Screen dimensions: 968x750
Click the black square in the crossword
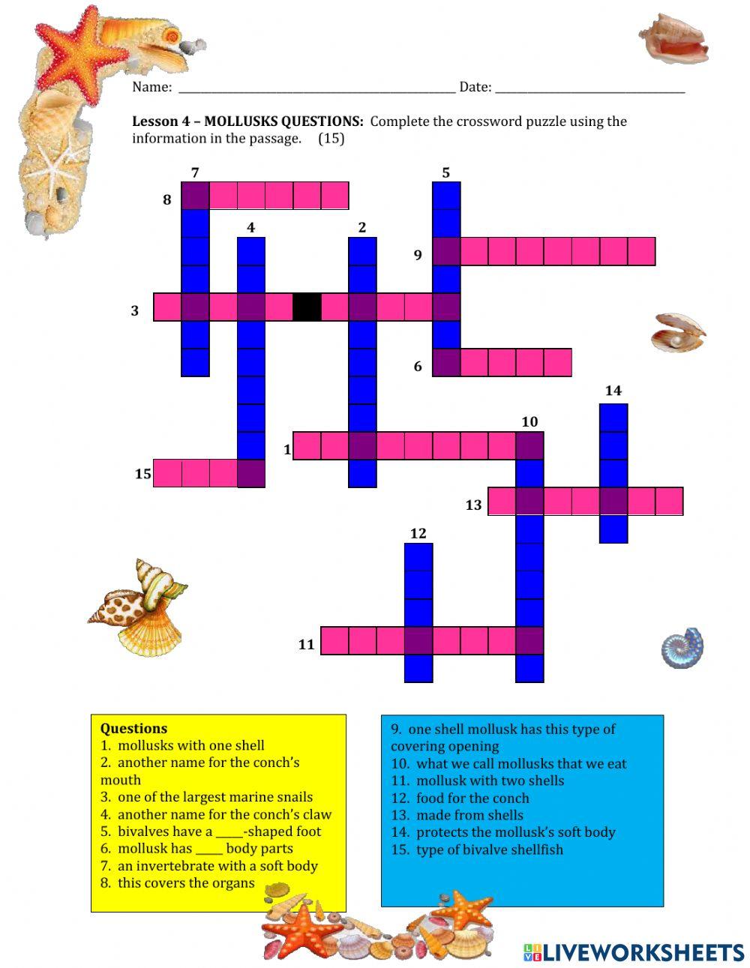pos(306,307)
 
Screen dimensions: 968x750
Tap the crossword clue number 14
pos(613,391)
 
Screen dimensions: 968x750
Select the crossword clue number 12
pos(418,533)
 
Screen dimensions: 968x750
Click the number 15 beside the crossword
pos(143,474)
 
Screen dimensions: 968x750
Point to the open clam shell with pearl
pos(677,333)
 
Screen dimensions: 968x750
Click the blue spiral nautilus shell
pos(682,648)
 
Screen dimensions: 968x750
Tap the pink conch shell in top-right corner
pos(674,38)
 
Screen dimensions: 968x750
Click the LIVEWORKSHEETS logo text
pos(643,952)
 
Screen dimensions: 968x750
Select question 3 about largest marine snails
pos(206,797)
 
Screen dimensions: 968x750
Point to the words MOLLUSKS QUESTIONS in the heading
pos(283,121)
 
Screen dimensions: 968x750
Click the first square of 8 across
pos(196,196)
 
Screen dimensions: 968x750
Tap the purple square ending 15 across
pos(251,474)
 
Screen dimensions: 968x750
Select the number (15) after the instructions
pos(331,139)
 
